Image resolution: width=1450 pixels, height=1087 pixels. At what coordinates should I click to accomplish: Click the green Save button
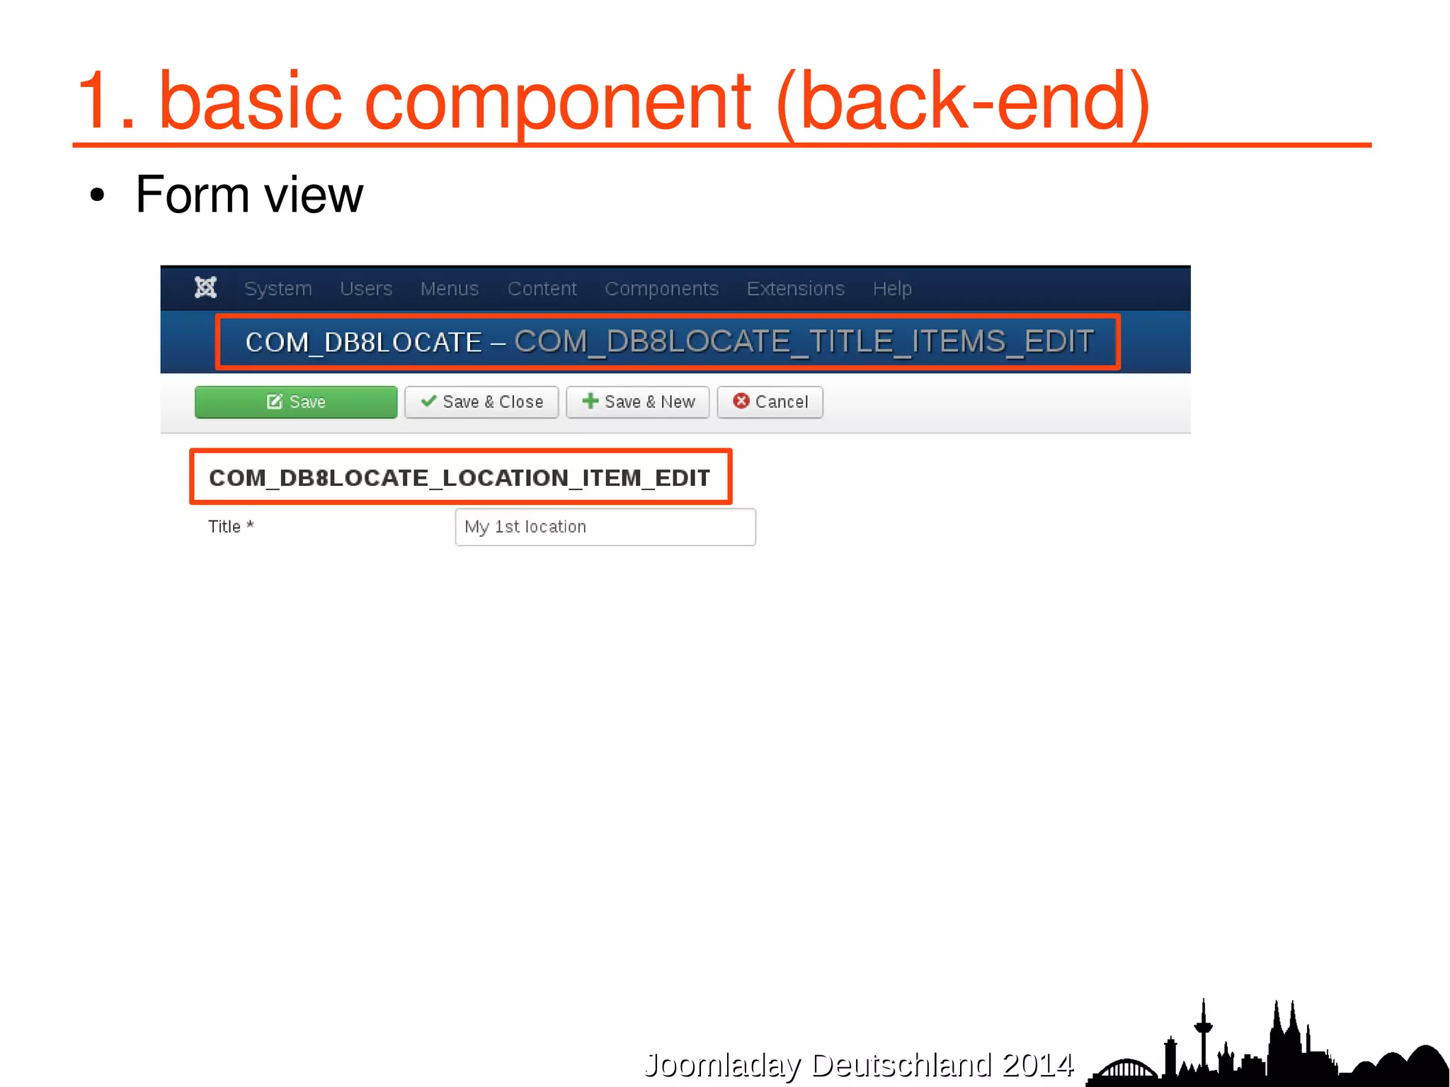pos(295,402)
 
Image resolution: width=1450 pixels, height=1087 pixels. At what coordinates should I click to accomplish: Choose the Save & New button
pos(637,402)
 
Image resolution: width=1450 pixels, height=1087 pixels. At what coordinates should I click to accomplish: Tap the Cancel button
pos(770,402)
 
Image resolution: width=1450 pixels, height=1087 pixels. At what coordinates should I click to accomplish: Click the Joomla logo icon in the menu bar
pos(205,288)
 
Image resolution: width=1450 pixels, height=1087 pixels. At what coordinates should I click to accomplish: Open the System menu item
pos(278,289)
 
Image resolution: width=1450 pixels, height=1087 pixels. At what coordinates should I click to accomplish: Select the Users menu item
pos(365,289)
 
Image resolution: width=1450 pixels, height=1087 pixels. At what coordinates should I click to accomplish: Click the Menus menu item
pos(449,289)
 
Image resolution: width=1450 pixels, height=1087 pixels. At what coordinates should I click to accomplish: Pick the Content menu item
pos(542,289)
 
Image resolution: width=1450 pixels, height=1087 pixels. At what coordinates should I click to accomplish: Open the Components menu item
pos(661,289)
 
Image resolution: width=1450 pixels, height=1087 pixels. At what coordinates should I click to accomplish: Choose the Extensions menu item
pos(795,289)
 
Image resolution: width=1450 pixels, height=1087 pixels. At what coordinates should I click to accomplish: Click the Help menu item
pos(891,289)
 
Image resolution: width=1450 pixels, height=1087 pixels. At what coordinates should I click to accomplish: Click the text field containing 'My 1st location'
pos(605,527)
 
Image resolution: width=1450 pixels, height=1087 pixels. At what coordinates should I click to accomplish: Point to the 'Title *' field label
pos(230,527)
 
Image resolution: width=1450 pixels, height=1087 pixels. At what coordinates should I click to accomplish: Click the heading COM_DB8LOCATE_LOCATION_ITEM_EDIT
pos(459,478)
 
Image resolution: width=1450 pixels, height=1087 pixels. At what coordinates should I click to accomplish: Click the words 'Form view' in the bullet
pos(249,195)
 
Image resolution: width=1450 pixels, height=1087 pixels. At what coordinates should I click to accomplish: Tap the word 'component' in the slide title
pos(556,102)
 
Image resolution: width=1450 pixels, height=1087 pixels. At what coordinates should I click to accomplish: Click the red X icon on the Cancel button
pos(741,402)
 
